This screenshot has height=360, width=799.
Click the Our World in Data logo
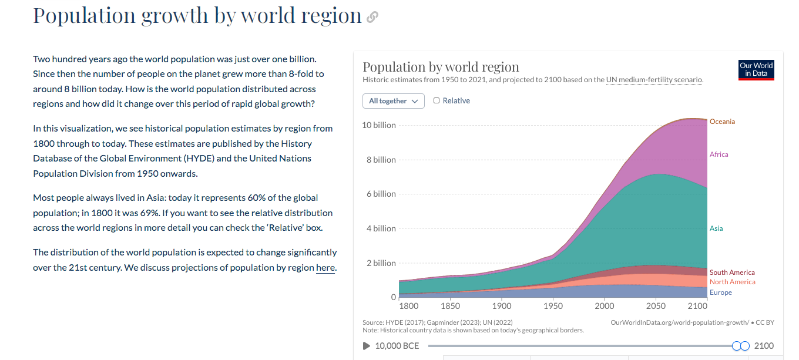756,69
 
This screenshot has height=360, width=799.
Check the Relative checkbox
437,100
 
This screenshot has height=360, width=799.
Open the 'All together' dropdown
393,101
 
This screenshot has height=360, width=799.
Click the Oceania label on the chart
722,122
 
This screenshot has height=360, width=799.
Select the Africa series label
719,154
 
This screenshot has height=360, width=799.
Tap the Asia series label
716,228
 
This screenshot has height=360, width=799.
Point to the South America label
732,272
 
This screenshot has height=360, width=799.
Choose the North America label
732,282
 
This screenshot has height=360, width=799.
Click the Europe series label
720,292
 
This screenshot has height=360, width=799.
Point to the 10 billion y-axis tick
378,125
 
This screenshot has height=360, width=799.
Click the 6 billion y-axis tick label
381,194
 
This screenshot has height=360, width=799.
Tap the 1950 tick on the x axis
553,306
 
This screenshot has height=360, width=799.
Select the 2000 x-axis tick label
605,306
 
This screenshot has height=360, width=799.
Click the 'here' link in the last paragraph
325,268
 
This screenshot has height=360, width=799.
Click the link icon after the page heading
372,18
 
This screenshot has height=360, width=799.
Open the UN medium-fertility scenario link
654,80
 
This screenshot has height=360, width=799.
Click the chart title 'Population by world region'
441,66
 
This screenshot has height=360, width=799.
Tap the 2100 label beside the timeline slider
764,346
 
